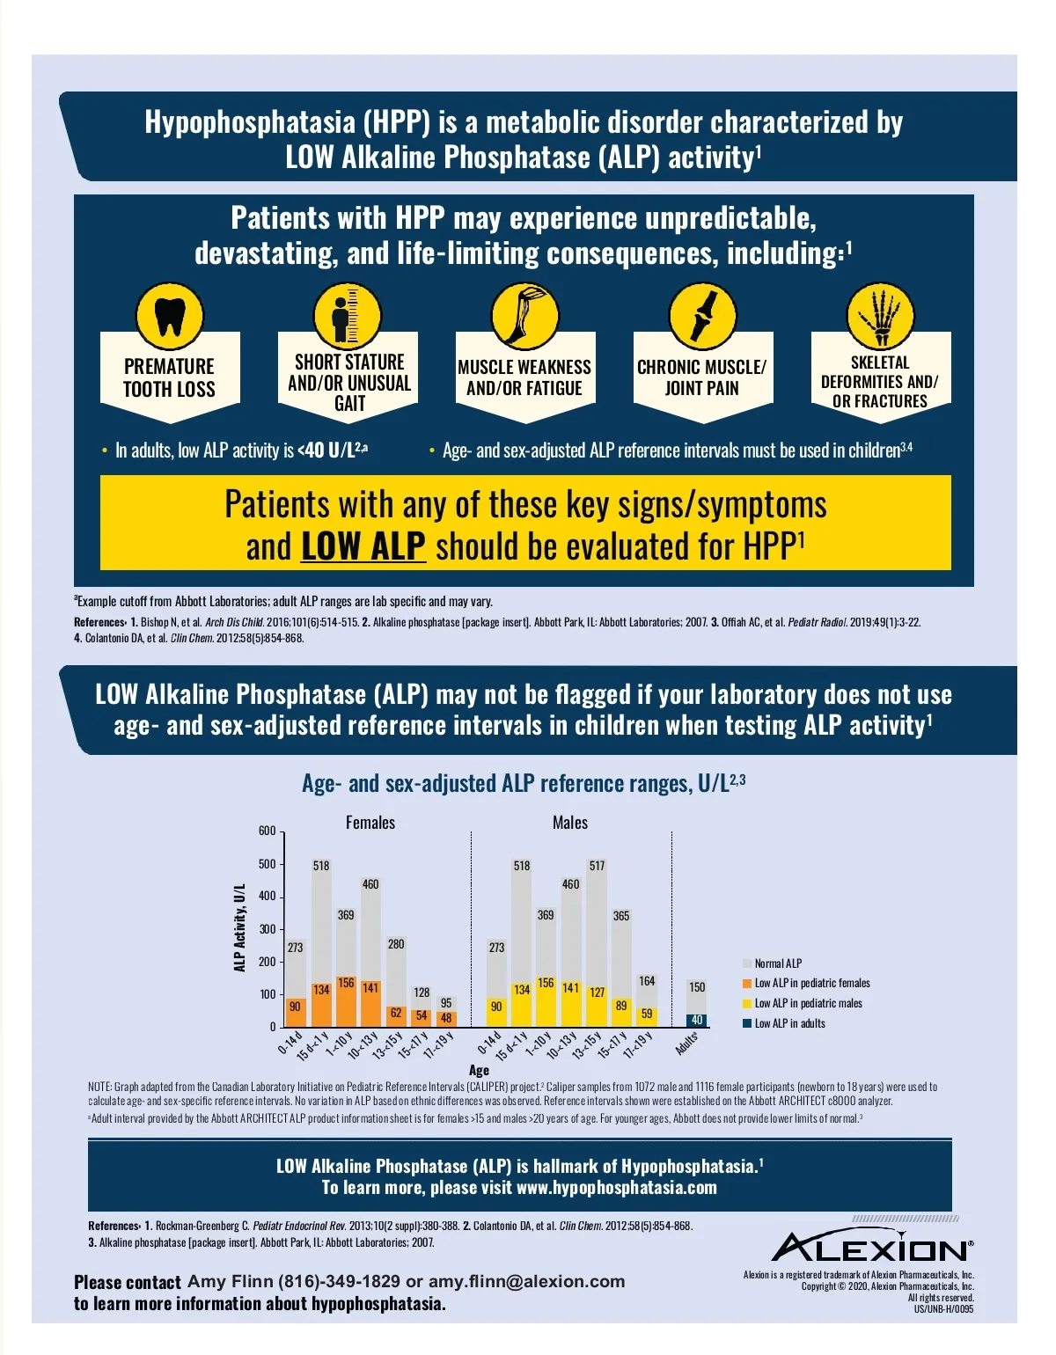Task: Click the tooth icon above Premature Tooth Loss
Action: [169, 316]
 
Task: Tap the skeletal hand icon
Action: [880, 316]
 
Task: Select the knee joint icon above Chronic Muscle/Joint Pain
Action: [702, 316]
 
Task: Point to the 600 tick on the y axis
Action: [268, 831]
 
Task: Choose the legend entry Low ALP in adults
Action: [789, 1023]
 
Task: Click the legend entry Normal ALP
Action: [778, 963]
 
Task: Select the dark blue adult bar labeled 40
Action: [697, 1021]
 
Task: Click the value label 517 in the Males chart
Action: [597, 866]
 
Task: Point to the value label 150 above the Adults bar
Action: [697, 987]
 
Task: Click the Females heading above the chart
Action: [370, 823]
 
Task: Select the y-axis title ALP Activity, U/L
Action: [239, 928]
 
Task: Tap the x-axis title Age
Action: [479, 1070]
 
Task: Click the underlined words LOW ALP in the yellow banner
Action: [363, 546]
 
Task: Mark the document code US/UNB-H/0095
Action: [943, 1308]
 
